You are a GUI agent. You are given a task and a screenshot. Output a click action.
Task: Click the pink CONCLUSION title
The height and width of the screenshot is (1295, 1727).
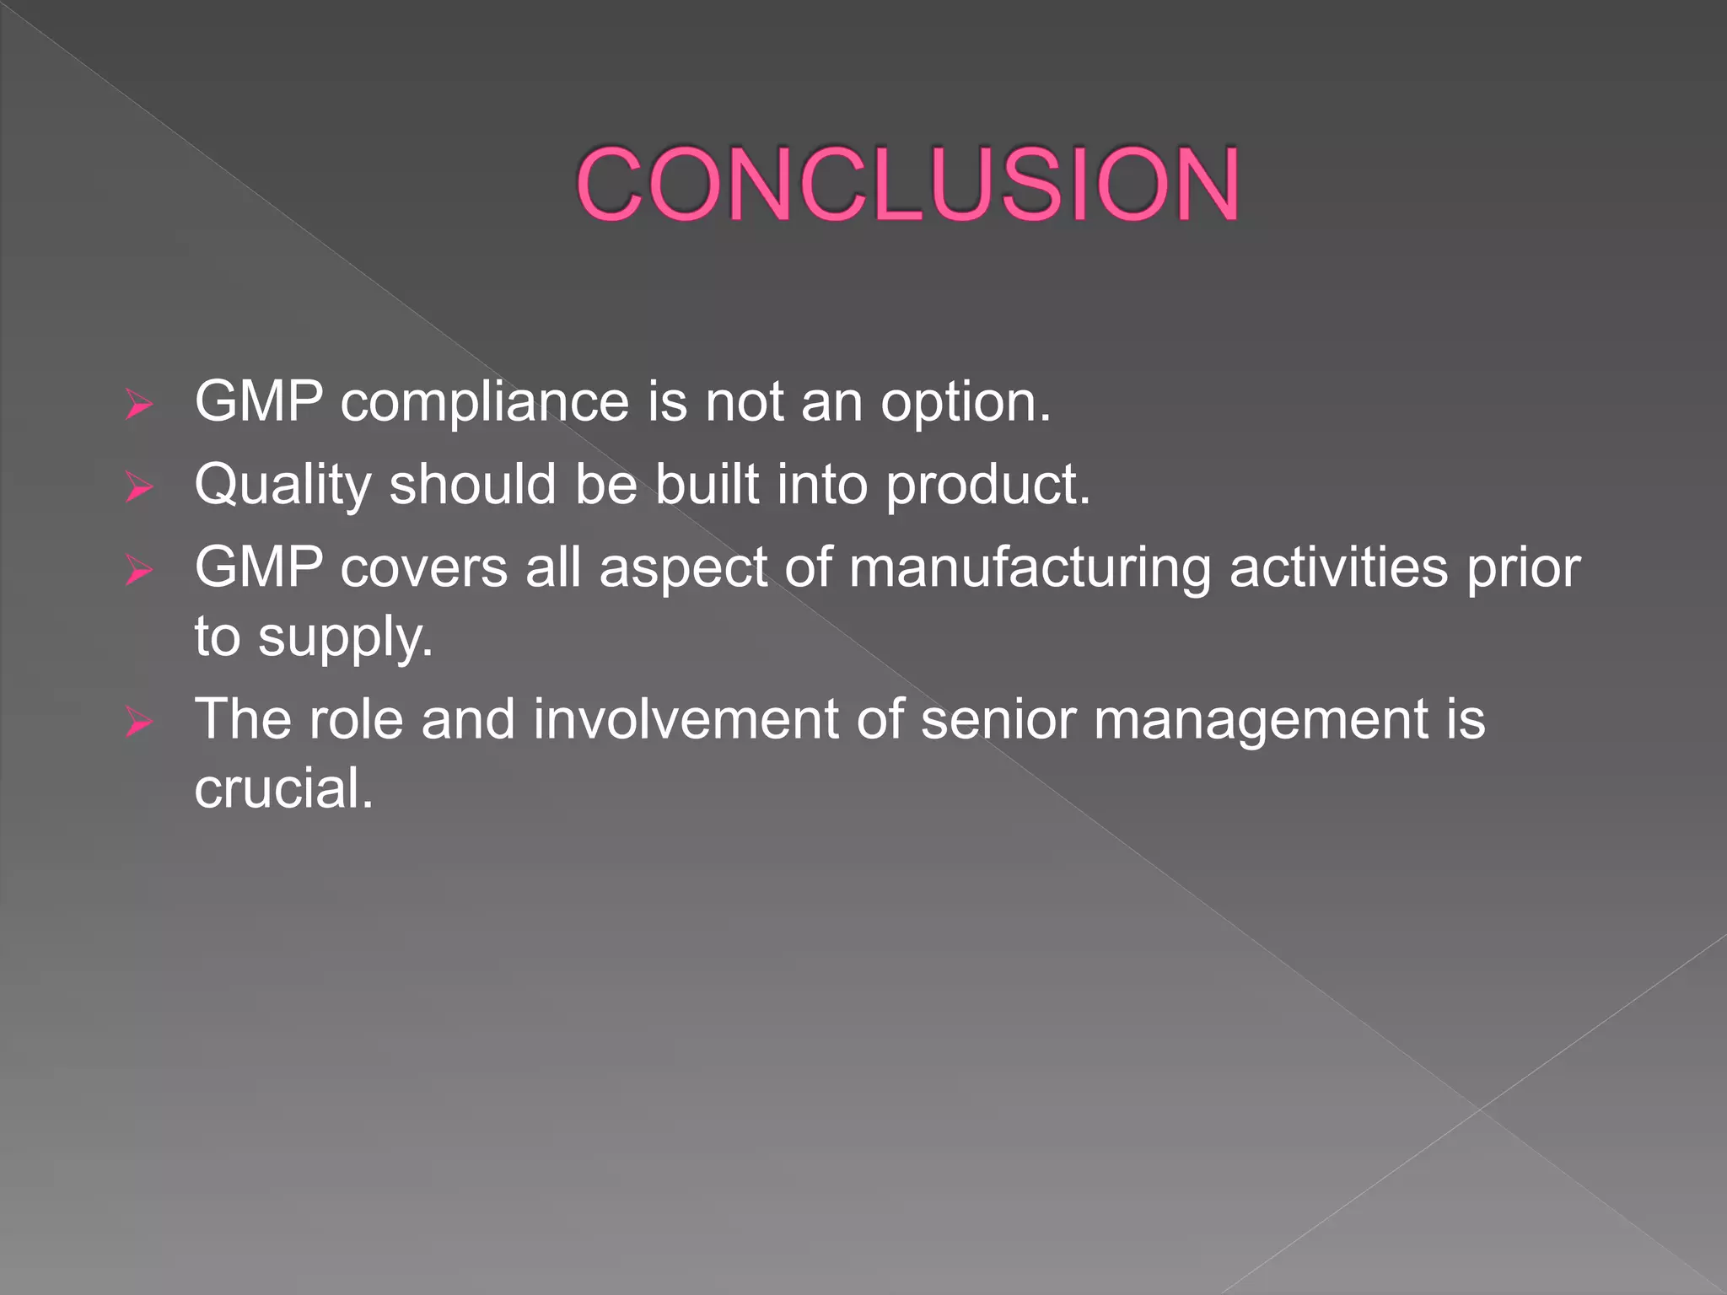click(x=907, y=184)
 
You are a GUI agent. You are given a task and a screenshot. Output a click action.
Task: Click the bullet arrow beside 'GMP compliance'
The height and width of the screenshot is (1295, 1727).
click(x=138, y=405)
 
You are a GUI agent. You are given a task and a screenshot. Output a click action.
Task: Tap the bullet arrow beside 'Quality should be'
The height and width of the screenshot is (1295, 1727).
click(x=138, y=487)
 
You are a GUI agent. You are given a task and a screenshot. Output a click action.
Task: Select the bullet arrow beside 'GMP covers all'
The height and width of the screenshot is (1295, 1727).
click(x=138, y=571)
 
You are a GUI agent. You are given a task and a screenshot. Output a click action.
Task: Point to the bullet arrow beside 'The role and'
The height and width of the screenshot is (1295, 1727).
click(x=138, y=723)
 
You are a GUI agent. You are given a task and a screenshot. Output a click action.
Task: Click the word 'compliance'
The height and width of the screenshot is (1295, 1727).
click(x=485, y=402)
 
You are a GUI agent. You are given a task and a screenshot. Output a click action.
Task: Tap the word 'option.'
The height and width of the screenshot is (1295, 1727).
click(x=966, y=402)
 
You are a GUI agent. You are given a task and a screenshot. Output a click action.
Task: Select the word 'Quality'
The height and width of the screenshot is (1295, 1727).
click(x=282, y=486)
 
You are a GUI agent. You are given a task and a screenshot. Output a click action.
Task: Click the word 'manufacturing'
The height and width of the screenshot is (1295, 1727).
click(x=1030, y=568)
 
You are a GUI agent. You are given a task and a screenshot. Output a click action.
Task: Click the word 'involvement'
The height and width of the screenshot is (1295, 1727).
click(x=686, y=719)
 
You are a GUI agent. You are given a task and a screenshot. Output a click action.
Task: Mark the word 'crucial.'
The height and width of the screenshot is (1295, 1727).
click(x=283, y=788)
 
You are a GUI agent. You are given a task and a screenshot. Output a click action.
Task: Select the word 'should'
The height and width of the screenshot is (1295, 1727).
click(x=472, y=484)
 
